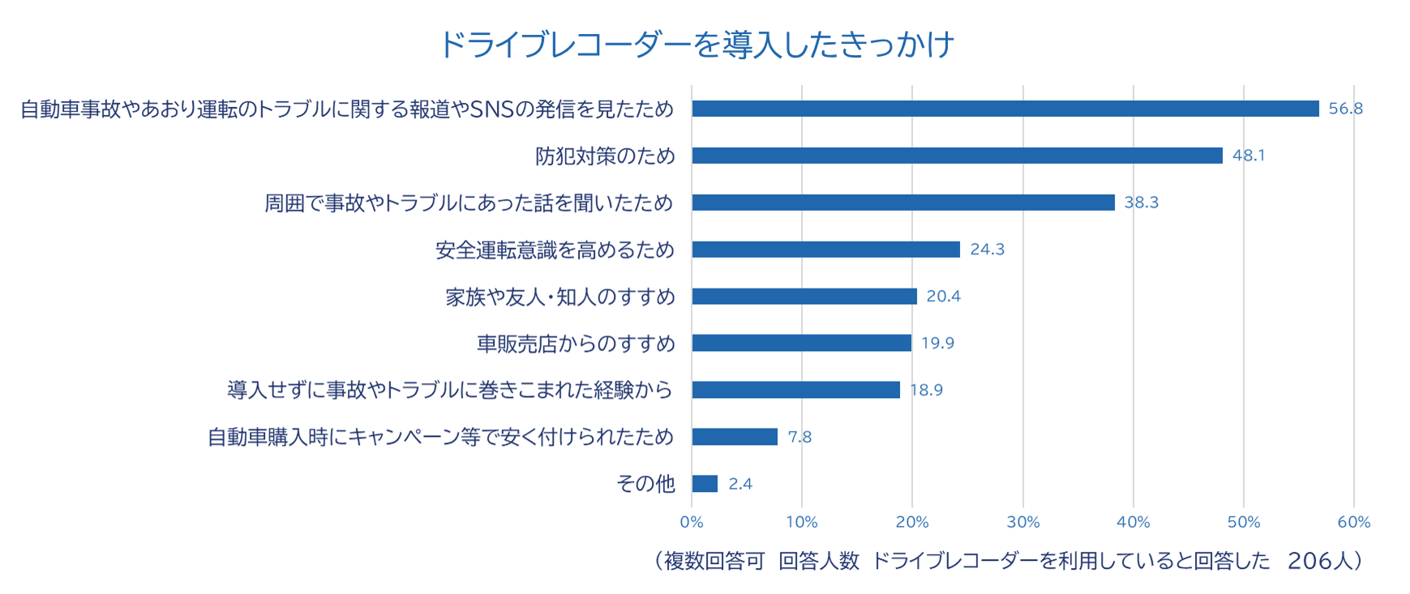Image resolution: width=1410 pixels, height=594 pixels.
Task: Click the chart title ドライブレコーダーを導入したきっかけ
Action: [696, 44]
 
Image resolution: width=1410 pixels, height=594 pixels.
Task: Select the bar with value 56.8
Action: [1005, 109]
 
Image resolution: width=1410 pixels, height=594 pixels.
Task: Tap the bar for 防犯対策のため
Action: [957, 156]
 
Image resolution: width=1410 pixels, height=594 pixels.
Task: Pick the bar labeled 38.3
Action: [902, 203]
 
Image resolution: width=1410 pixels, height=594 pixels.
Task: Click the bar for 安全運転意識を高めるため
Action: [825, 250]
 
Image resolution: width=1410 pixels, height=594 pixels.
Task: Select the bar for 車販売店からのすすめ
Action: [801, 344]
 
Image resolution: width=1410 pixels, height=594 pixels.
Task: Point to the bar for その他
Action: [705, 484]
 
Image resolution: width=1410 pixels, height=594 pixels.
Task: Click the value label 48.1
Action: [1248, 156]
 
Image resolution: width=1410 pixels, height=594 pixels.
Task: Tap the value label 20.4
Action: [943, 297]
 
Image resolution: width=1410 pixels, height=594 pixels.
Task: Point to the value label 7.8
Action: [799, 438]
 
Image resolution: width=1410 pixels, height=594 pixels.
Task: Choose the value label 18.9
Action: [926, 391]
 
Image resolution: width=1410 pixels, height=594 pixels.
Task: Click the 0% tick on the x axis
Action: [692, 523]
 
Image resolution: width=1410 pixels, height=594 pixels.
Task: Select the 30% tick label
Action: [1022, 523]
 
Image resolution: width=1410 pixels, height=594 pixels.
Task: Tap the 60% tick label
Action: [1353, 523]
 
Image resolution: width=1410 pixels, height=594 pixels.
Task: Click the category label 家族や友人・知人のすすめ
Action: [559, 297]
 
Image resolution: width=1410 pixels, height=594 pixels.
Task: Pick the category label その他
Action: [645, 484]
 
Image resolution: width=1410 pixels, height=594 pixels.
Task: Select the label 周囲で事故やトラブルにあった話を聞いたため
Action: [469, 203]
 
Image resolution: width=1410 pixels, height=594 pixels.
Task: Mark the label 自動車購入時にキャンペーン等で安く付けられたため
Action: [440, 438]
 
